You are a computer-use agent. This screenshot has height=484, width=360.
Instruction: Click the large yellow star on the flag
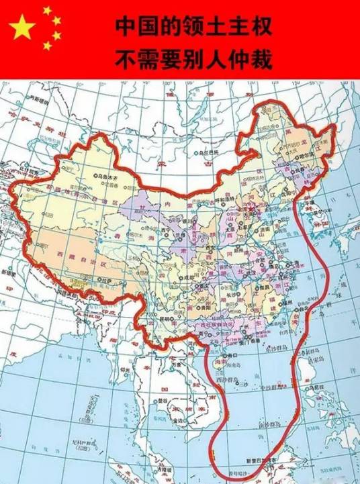coord(23,27)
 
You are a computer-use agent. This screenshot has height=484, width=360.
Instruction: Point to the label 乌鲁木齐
coord(90,177)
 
